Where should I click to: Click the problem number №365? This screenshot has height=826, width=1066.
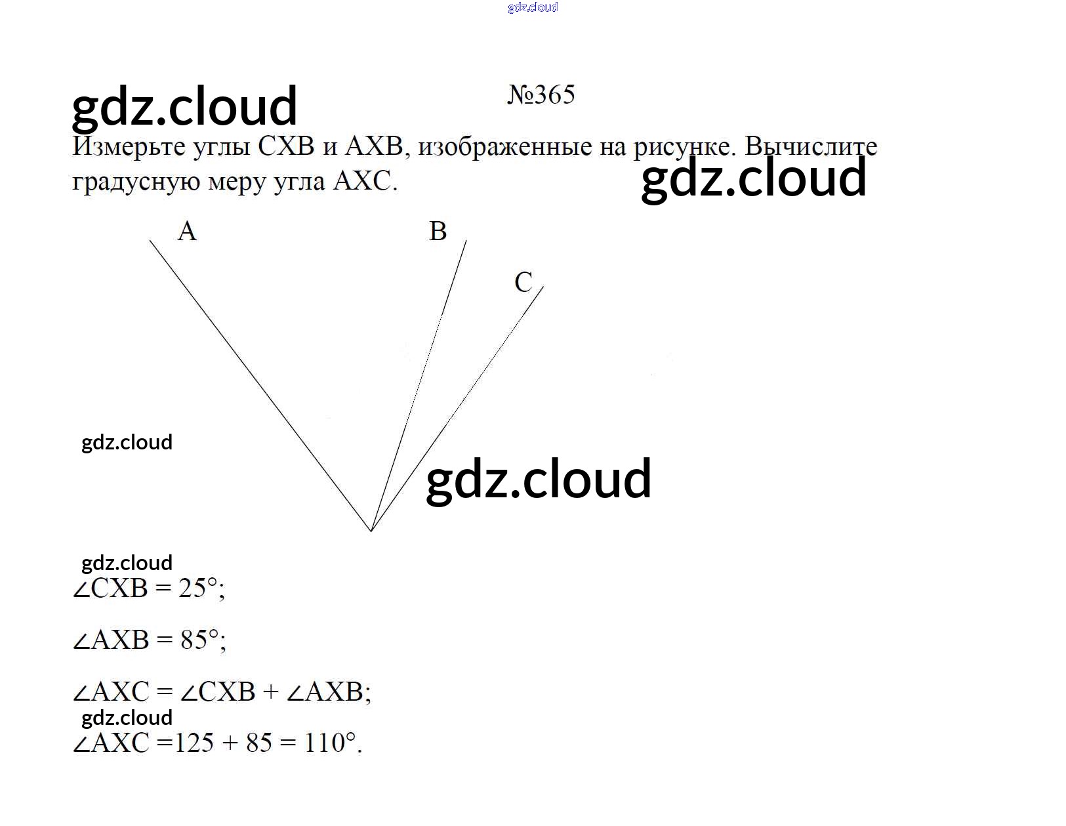[541, 94]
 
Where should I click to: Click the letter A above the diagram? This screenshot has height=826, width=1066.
[187, 231]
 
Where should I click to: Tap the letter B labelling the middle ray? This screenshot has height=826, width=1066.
[438, 231]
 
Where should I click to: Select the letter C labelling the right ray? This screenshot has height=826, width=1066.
[523, 282]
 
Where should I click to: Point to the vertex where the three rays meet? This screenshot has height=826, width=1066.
[371, 531]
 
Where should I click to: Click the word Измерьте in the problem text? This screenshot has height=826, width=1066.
[129, 147]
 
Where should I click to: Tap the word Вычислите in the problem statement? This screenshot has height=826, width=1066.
[811, 146]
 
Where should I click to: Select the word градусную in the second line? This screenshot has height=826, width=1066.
[136, 182]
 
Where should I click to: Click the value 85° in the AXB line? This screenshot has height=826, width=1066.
[199, 640]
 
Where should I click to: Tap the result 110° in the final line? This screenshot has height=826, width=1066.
[330, 743]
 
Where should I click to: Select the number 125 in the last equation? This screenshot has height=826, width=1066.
[194, 743]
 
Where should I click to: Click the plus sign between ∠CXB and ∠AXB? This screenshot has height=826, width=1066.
[271, 692]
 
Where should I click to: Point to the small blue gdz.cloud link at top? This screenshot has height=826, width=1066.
[533, 7]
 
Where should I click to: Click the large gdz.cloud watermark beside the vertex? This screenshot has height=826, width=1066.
[539, 479]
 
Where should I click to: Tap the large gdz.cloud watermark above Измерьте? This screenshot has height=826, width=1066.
[184, 107]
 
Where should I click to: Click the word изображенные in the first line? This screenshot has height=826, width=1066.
[505, 147]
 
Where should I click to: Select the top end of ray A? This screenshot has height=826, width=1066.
[150, 240]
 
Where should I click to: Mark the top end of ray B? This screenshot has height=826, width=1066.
[466, 240]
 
